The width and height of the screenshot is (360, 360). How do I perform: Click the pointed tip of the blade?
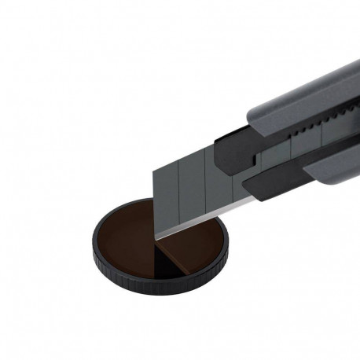(x=156, y=236)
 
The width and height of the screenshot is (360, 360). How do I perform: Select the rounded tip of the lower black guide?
(x=245, y=185)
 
